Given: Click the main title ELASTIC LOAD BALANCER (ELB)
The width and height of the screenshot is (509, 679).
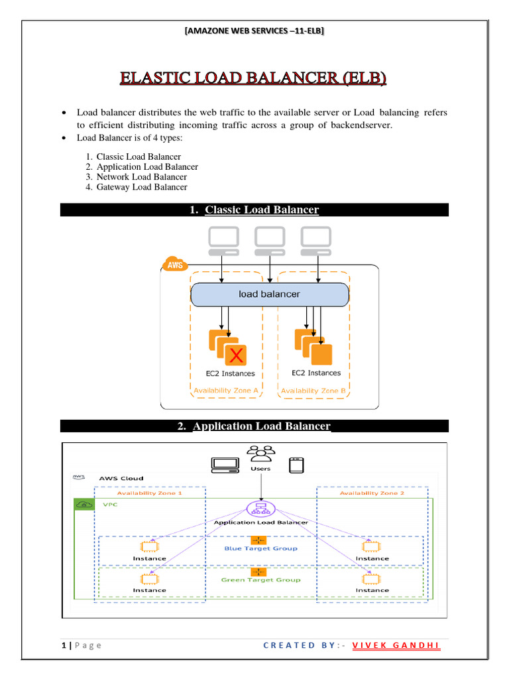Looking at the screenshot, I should tap(254, 80).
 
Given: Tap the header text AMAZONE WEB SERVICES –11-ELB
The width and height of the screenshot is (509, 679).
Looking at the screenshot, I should tap(254, 31).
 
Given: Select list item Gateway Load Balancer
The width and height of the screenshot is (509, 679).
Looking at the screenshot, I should tap(141, 187).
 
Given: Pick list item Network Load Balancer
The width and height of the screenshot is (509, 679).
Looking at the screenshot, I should tap(141, 177).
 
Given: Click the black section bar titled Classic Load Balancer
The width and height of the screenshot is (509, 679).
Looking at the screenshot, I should tap(254, 210).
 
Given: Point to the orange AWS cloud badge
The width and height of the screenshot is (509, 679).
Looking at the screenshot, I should tap(174, 264).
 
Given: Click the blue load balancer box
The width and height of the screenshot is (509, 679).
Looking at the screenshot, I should tap(269, 294).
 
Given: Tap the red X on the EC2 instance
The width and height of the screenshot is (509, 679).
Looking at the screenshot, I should tap(235, 356).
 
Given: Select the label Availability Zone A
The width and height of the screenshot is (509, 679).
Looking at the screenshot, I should tap(226, 391).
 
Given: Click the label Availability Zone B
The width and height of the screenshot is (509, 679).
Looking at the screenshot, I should tap(313, 391).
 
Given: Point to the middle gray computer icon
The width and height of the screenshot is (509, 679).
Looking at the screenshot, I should tap(270, 240).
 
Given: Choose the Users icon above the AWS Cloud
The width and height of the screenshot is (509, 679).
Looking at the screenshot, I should tap(260, 455).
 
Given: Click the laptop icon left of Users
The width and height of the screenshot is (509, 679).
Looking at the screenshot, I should tap(225, 465).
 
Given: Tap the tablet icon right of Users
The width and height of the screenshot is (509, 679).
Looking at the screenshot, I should tap(296, 465).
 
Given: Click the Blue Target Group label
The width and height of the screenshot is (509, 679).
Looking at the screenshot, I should tap(260, 548).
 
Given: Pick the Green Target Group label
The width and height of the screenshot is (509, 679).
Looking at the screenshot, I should tap(260, 580).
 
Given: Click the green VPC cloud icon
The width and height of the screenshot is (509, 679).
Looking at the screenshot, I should tap(84, 505).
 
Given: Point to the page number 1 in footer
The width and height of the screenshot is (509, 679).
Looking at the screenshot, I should tap(62, 646).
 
